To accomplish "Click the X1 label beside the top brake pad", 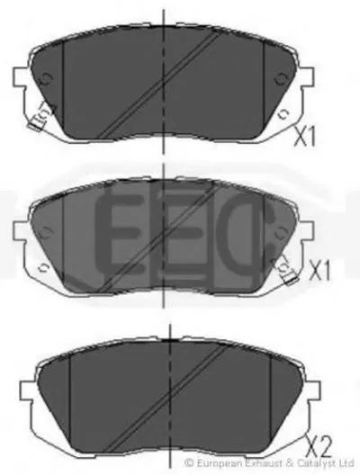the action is click(x=305, y=137).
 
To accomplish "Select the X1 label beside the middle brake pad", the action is click(x=319, y=270).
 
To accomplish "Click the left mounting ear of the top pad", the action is click(x=21, y=77).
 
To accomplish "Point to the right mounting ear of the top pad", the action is click(x=306, y=77).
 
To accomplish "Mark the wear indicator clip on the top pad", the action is click(x=41, y=117).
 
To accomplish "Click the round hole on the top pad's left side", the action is click(x=46, y=78).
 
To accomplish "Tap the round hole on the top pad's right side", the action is click(x=281, y=78).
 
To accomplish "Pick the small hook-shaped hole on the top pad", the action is click(x=283, y=114).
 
